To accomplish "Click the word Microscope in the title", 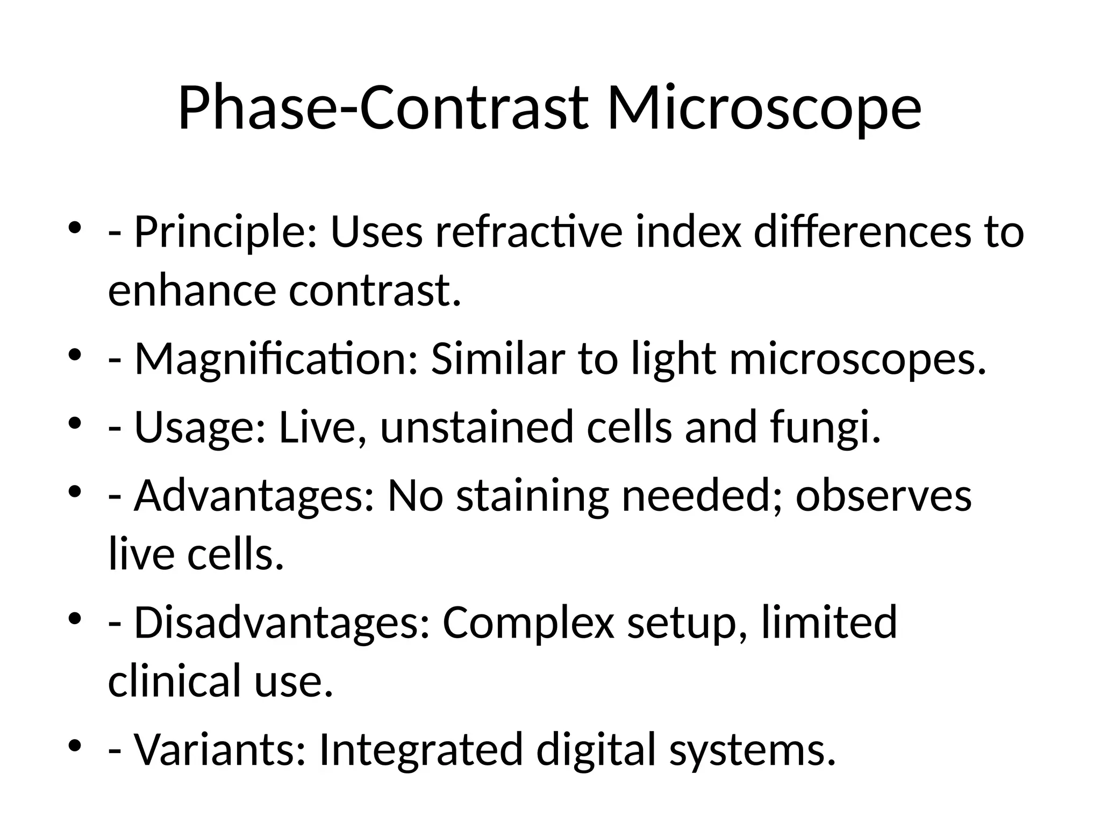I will point(764,109).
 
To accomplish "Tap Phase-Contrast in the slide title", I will point(382,109).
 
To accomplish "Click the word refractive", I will point(529,233).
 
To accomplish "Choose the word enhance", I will point(192,291).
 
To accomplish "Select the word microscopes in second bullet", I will point(858,359).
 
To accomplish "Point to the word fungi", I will point(826,428).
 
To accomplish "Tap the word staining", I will point(533,496).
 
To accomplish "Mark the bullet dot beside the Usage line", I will point(75,422).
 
